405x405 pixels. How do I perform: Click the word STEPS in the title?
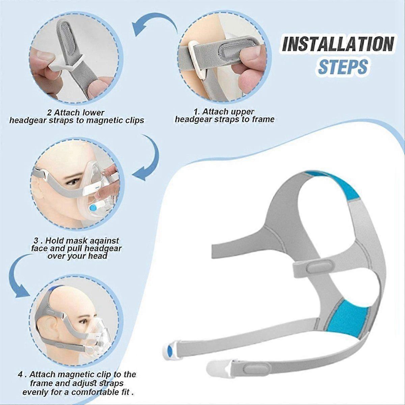point(343,66)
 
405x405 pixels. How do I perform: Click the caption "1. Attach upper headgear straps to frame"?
point(225,115)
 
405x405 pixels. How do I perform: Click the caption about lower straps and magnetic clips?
point(77,116)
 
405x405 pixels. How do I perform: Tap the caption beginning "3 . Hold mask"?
point(77,248)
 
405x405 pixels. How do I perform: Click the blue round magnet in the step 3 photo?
point(93,208)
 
